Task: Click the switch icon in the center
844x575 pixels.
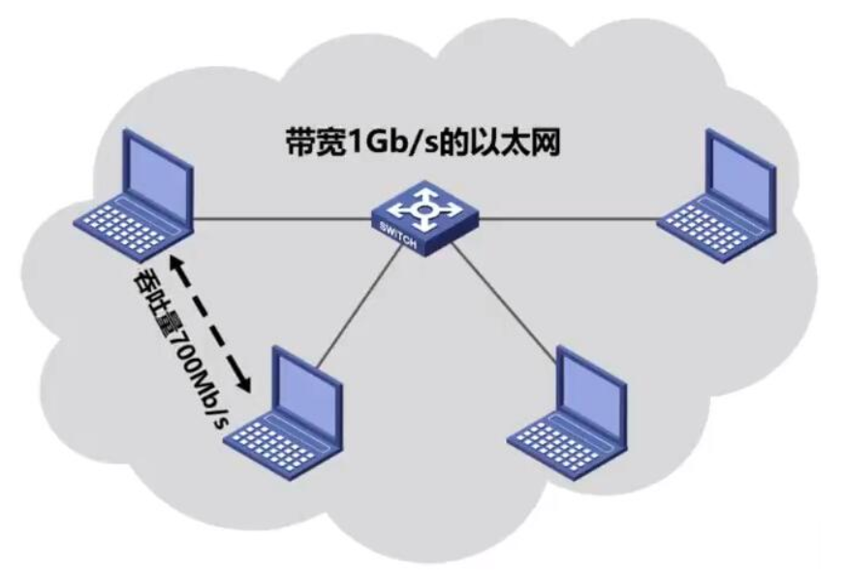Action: coord(425,217)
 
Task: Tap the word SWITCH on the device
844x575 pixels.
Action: coord(398,236)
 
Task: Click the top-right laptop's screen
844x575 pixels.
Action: coord(739,173)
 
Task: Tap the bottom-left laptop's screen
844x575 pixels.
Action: coord(306,390)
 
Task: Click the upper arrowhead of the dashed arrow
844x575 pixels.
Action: coord(175,264)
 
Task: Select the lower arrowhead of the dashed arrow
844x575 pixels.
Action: coord(244,382)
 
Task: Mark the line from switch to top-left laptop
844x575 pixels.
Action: coord(283,218)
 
